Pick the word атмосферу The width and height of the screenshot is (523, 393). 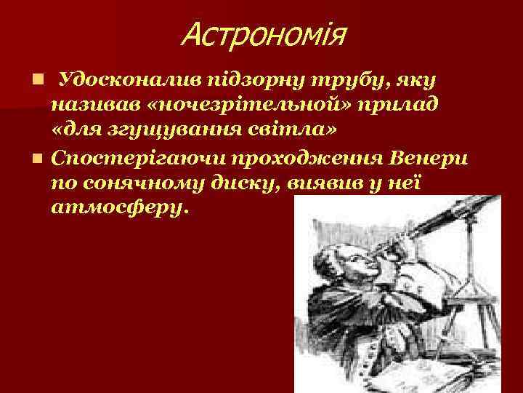[119, 207]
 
